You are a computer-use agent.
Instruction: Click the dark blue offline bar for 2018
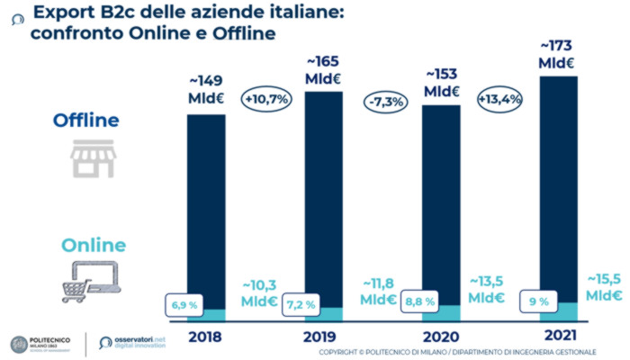click(206, 207)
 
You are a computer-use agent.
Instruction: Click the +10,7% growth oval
click(265, 100)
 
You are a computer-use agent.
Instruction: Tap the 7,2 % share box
click(301, 304)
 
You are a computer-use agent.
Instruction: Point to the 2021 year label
click(558, 337)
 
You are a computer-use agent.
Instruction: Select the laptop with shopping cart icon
click(88, 279)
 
